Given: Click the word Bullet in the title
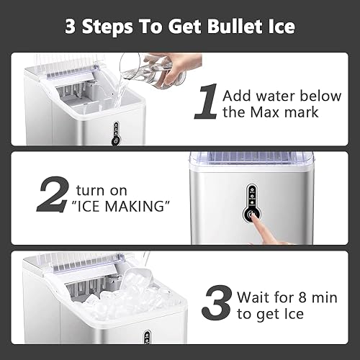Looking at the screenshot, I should point(218,27).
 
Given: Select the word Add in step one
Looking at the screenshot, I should point(238,94).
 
